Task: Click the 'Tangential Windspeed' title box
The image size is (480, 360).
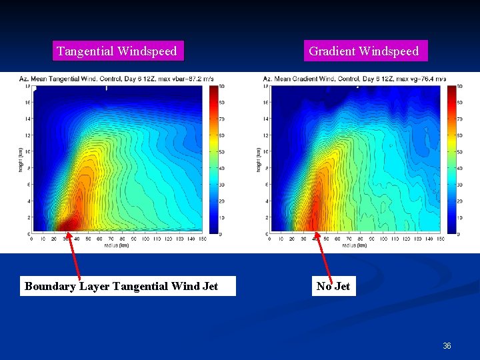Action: click(117, 51)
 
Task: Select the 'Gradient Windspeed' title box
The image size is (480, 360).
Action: click(364, 51)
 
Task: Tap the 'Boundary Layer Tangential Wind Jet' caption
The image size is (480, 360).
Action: click(121, 287)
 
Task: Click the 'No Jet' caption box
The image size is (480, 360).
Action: click(333, 287)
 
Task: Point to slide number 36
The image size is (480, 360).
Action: click(447, 346)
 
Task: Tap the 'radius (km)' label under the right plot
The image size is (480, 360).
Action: click(355, 245)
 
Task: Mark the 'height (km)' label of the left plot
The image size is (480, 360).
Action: click(21, 160)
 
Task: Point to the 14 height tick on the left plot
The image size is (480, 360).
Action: click(27, 119)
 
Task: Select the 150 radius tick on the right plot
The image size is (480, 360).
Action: click(441, 239)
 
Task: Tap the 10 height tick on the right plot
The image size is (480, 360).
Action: click(267, 152)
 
